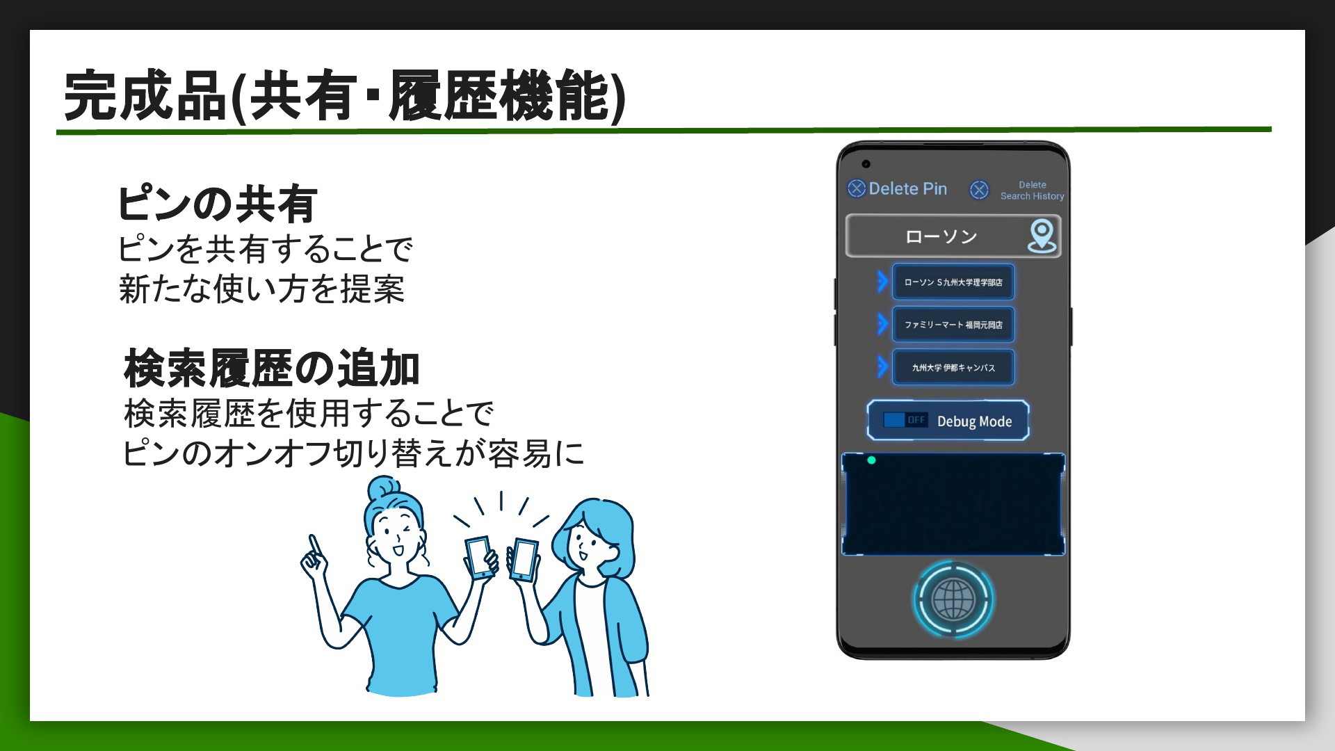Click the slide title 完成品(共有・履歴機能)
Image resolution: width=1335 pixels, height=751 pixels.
345,95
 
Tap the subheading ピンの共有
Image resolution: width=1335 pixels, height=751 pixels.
218,204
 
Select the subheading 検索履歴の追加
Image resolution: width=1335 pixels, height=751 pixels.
272,369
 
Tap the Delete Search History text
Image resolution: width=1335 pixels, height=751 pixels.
1032,191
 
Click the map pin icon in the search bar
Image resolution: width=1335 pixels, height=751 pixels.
1042,236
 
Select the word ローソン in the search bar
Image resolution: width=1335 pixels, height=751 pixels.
941,237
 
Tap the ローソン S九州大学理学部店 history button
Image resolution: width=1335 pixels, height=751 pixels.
953,282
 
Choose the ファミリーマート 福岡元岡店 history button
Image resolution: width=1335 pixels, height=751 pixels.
953,325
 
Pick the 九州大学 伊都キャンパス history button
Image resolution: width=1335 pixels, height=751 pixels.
953,367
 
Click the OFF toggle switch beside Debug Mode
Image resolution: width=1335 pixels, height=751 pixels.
905,420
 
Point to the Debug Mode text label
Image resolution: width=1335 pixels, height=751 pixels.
974,421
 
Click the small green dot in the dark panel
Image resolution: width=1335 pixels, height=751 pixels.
871,460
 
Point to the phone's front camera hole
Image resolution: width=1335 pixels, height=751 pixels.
866,164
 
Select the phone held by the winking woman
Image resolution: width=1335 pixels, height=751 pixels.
480,557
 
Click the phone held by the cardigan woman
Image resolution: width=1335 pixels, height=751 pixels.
524,560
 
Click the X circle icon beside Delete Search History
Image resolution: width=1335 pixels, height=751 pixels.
979,190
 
